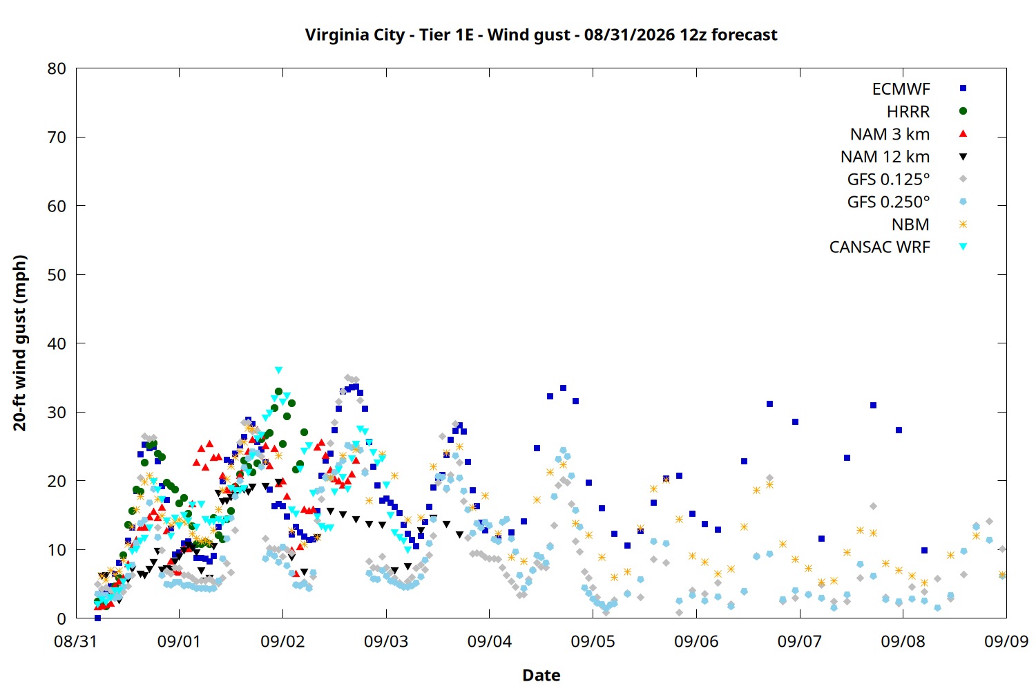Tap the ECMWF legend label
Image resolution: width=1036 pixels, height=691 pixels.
(901, 89)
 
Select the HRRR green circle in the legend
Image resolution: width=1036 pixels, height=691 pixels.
(963, 111)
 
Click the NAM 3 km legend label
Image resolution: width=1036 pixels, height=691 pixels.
(890, 134)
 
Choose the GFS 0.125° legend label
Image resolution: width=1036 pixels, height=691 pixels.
(888, 179)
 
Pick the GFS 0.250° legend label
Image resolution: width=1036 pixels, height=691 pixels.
(888, 202)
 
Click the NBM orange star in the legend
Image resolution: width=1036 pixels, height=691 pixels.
(963, 225)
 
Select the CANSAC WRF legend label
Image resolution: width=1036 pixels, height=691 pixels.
(880, 247)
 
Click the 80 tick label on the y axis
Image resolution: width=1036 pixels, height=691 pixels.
(57, 68)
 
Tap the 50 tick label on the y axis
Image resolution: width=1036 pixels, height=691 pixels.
(57, 275)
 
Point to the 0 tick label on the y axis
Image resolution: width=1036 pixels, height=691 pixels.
(61, 618)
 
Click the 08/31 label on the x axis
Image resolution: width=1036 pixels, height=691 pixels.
(76, 641)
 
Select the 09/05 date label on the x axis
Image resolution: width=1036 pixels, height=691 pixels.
(593, 641)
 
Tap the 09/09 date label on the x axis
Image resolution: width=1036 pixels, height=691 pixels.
(1006, 641)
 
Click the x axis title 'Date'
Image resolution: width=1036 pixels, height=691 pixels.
(541, 675)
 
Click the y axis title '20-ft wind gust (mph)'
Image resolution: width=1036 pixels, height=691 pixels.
(20, 343)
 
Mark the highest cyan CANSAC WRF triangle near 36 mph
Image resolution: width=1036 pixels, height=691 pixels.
(278, 370)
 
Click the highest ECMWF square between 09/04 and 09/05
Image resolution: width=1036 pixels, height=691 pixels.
(563, 388)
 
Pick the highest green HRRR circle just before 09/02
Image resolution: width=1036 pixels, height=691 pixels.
(278, 392)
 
